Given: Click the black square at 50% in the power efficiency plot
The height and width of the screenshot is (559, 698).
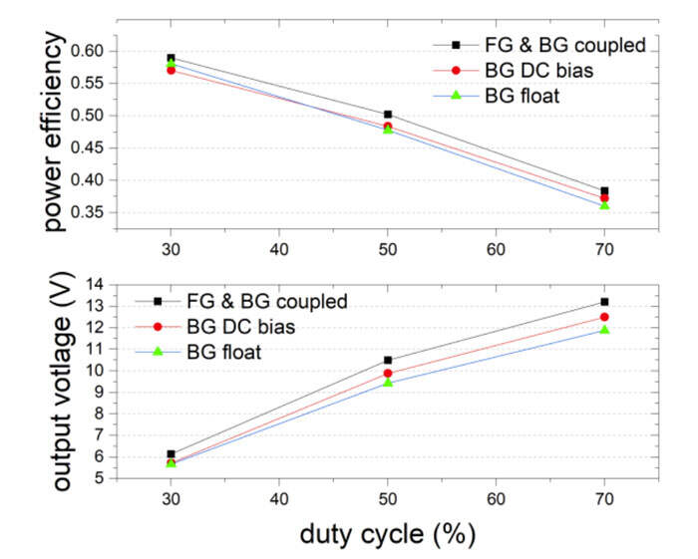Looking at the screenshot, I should point(387,115).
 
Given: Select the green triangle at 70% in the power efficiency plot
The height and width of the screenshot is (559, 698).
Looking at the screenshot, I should point(603,204).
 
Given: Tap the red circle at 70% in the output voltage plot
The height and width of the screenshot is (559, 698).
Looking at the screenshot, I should point(603,317).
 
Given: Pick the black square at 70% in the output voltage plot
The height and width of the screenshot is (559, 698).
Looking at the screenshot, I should point(603,301).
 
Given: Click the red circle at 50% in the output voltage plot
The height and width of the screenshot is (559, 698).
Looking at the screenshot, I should point(387,373).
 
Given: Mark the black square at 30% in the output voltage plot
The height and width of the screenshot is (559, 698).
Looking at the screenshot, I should point(171,453).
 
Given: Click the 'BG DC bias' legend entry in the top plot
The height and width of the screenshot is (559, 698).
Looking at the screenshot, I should point(525,70).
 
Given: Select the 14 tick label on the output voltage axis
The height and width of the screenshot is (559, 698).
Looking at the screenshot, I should point(95,284).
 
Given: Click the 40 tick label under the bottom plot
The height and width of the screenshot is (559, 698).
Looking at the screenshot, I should point(278,495).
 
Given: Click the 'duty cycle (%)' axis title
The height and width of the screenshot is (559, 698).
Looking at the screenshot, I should point(387,533).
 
